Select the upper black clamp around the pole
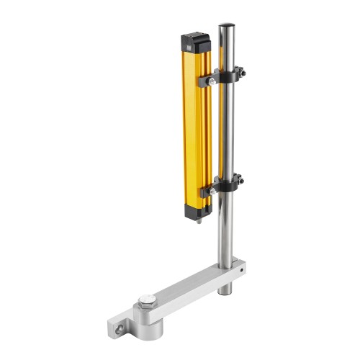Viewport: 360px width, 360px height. [225, 75]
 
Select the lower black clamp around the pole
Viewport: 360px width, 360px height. [225, 185]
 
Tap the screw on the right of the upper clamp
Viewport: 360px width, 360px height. [243, 71]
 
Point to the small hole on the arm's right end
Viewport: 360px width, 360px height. [243, 271]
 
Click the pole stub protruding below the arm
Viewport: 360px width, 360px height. [225, 288]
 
